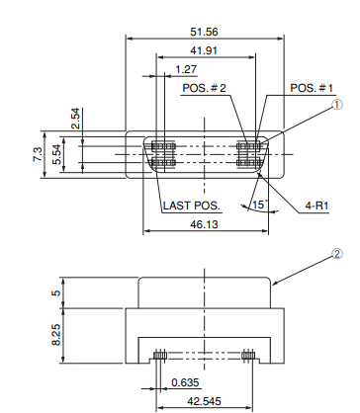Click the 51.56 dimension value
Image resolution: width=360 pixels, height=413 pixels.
(x=204, y=32)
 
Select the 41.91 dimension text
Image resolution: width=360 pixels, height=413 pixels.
(x=204, y=50)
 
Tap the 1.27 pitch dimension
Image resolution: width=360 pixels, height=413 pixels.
(x=186, y=69)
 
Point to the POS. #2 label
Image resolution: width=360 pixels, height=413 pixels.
(x=205, y=88)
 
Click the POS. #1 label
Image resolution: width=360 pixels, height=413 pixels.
(x=312, y=88)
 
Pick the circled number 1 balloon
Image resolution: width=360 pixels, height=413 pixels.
(x=336, y=105)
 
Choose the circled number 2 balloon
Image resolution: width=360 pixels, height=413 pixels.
(x=336, y=254)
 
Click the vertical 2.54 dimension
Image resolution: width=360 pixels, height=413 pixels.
(x=75, y=119)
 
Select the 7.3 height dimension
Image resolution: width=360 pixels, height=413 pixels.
(x=38, y=154)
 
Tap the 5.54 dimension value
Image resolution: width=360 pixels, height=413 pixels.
(x=56, y=154)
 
